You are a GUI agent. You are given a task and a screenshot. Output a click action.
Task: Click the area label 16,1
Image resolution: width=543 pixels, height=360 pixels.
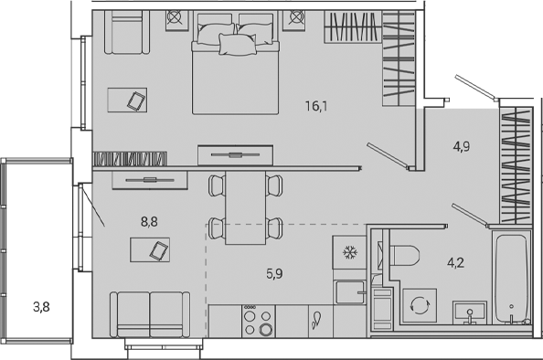point(316,106)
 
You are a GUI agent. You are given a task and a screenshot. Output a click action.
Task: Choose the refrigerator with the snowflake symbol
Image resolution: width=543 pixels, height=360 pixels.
point(347,251)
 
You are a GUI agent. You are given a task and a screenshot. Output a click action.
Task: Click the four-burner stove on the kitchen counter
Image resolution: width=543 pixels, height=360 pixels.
point(257,323)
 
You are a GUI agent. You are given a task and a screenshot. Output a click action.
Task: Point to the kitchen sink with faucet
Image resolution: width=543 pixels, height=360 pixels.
point(315,321)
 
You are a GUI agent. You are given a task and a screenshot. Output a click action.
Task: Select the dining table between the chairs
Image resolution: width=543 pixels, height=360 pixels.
point(244,207)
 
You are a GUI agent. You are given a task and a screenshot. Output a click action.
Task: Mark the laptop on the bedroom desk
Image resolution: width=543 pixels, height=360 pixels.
point(135,100)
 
